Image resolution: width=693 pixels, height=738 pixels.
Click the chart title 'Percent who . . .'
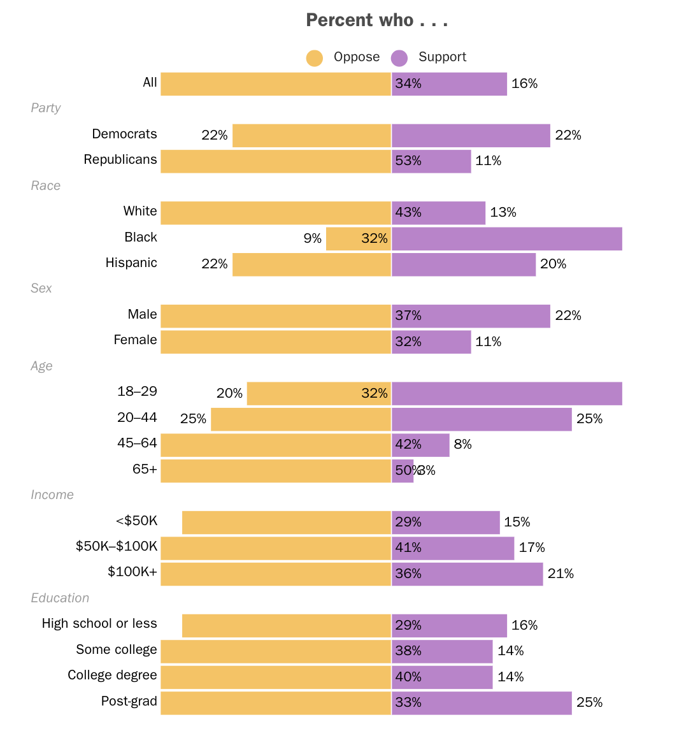tap(376, 20)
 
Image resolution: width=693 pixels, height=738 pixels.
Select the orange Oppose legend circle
tap(315, 58)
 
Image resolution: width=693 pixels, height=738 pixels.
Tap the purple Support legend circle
tap(399, 58)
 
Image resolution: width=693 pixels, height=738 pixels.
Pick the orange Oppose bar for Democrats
tap(311, 136)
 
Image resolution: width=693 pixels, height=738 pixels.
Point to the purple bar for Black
tap(507, 239)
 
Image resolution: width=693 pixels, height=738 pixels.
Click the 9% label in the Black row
tap(312, 238)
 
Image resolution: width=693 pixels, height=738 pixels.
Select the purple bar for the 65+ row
tap(403, 471)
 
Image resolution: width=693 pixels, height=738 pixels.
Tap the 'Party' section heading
tap(46, 108)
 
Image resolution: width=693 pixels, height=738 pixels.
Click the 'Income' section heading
tap(52, 495)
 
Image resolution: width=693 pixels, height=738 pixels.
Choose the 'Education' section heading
tap(60, 598)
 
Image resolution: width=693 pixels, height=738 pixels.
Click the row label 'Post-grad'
tap(129, 702)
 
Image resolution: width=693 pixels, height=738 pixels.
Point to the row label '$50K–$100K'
tap(117, 547)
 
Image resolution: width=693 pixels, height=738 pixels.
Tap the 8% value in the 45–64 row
tap(462, 445)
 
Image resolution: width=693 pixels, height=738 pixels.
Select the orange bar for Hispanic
tap(311, 264)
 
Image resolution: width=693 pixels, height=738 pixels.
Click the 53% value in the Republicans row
tap(408, 161)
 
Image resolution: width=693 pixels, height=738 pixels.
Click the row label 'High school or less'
tap(99, 624)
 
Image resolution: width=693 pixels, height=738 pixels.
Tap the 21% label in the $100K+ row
tap(561, 574)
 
